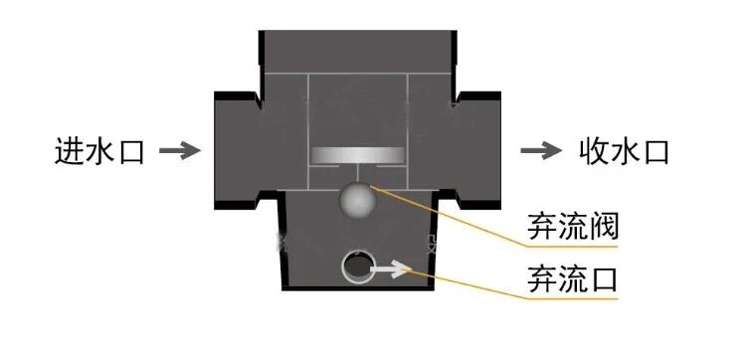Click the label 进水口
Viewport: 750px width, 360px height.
click(x=99, y=151)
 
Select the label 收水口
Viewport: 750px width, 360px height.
click(x=624, y=151)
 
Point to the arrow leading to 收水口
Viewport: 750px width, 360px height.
click(x=541, y=151)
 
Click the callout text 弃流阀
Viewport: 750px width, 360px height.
click(x=572, y=229)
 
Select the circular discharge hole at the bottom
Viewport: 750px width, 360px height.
click(x=357, y=267)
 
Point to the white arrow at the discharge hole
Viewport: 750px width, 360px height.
click(x=391, y=268)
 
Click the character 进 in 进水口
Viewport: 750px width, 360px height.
click(x=69, y=151)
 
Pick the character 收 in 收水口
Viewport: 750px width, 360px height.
click(x=593, y=151)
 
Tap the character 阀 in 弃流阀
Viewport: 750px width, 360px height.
click(x=603, y=229)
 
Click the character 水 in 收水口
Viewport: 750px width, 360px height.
click(x=624, y=151)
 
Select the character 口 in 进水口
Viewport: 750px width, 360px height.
click(x=130, y=151)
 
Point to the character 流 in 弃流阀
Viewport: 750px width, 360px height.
click(x=572, y=229)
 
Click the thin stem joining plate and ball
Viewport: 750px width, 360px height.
click(x=357, y=173)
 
